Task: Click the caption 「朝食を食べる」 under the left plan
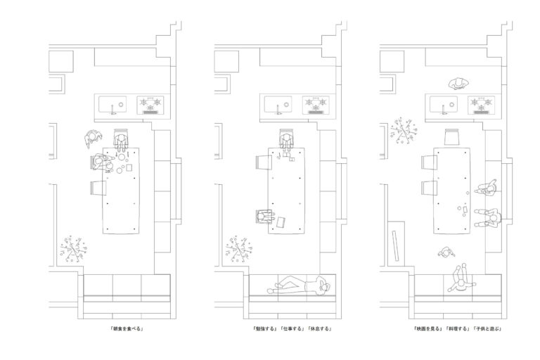coord(127,328)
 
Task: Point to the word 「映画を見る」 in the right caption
coord(427,328)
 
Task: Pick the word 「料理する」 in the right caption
coord(457,328)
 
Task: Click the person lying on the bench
coord(300,285)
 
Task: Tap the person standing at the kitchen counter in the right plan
coord(458,84)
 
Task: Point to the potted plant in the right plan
coord(404,131)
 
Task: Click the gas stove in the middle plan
coord(316,105)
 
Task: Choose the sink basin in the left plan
coord(112,104)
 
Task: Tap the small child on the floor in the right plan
coord(446,253)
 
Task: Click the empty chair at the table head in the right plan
coord(452,136)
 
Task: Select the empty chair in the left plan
coord(98,188)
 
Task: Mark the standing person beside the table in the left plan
coord(93,139)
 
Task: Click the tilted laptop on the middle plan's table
coord(281,222)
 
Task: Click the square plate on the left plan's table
coord(129,167)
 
